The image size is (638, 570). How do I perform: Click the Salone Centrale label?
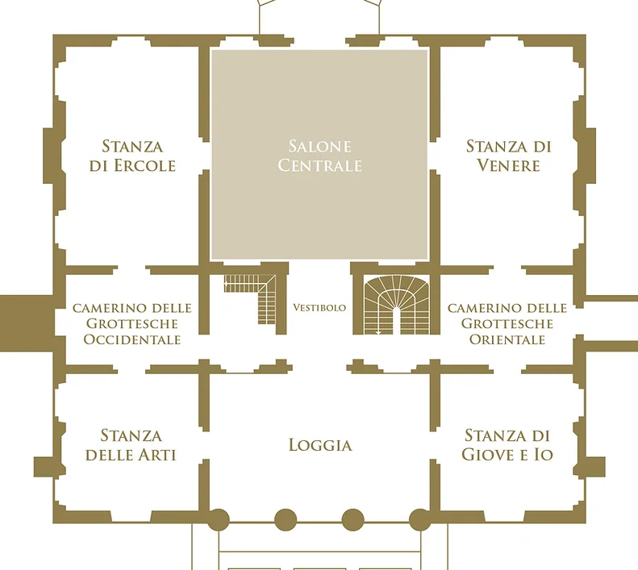click(320, 156)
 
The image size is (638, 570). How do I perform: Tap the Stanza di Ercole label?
click(132, 156)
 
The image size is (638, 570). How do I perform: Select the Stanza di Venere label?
click(509, 156)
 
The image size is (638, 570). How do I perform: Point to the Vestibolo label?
click(319, 308)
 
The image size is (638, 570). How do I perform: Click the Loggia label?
click(320, 445)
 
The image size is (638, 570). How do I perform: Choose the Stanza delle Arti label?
click(131, 445)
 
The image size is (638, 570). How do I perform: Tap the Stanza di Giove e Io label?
click(507, 445)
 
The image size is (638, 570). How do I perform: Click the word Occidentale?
click(132, 339)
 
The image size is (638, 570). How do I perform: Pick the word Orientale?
click(507, 339)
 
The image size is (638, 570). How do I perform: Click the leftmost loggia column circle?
click(219, 519)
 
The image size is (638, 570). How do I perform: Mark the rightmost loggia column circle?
click(420, 519)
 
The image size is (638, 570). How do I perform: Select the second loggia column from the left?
click(286, 519)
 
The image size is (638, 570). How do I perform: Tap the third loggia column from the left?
click(352, 519)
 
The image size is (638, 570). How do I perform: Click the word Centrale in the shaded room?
click(320, 165)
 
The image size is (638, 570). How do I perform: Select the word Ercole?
click(145, 165)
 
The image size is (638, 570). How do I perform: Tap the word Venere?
click(509, 165)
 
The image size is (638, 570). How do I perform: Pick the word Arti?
click(158, 455)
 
